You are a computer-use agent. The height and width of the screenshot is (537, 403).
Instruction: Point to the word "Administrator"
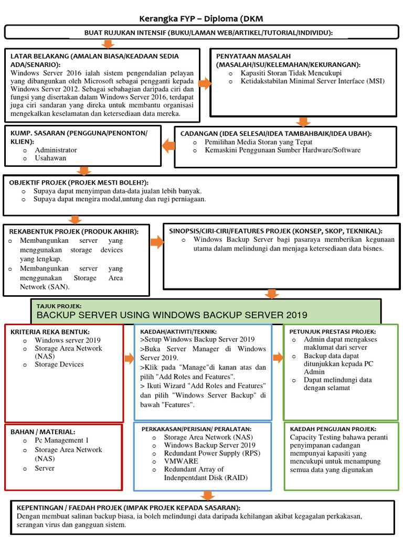tap(56, 150)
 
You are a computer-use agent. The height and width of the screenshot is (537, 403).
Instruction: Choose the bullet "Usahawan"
tap(50, 158)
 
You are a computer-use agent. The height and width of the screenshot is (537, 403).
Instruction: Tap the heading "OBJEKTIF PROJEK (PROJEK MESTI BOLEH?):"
tap(78, 181)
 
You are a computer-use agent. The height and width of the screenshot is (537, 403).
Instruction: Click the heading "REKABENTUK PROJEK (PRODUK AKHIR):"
tap(74, 231)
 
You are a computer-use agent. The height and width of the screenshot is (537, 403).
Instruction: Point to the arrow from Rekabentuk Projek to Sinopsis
tap(156, 242)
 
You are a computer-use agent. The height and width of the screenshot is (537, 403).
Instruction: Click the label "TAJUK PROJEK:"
tap(59, 305)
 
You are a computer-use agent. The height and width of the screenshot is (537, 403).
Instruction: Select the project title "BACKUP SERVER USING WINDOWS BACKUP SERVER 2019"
tap(172, 315)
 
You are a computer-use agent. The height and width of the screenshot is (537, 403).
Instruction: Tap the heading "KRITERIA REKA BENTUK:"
tap(50, 331)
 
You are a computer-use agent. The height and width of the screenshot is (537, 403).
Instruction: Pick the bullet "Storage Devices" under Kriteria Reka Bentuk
tap(59, 364)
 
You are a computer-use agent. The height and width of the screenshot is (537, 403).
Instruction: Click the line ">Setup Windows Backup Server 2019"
tap(197, 340)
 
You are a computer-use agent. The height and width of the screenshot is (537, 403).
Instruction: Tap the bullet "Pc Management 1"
tap(62, 441)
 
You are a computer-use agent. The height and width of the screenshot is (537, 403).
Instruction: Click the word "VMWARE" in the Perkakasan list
tap(181, 461)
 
